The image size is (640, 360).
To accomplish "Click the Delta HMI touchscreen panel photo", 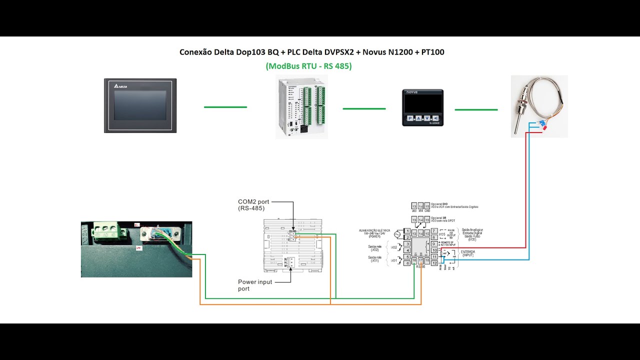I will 140,105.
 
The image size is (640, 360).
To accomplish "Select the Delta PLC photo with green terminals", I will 301,107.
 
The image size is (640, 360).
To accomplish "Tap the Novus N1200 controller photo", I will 422,107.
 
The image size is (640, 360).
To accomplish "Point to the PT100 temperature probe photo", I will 539,106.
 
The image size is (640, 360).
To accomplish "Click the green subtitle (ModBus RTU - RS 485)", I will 308,66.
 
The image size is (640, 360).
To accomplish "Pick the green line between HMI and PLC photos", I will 225,107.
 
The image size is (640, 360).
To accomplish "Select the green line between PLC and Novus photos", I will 364,108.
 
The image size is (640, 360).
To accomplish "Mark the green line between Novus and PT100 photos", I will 476,109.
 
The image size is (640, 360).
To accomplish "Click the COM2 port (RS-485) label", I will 253,204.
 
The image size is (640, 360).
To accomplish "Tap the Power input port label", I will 255,285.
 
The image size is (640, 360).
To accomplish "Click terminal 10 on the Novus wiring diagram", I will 434,250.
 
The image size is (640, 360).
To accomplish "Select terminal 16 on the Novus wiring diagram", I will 414,260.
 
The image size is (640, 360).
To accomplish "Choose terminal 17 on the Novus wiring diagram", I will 420,260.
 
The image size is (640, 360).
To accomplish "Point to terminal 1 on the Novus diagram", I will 407,231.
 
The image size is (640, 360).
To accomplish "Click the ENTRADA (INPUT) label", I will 468,253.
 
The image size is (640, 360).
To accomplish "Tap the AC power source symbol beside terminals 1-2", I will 398,234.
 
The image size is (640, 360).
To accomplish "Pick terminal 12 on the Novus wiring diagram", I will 434,263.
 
